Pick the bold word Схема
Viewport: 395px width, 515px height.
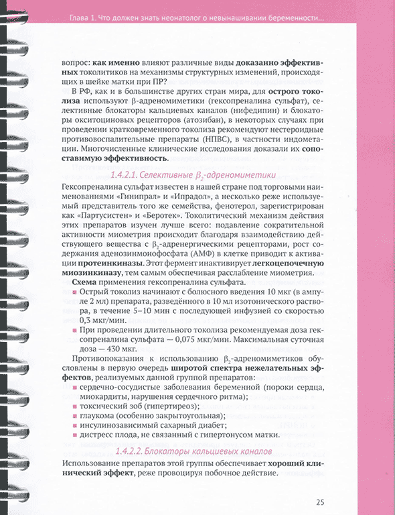click(x=85, y=282)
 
